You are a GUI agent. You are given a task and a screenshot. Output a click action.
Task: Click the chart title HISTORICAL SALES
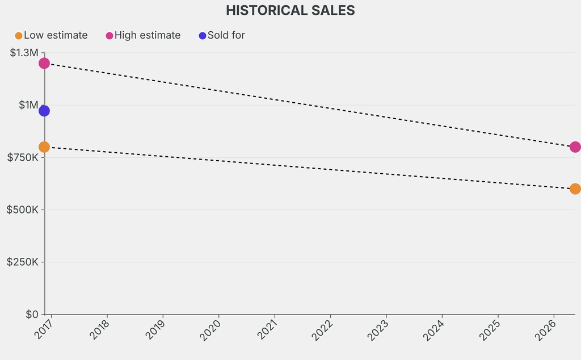coord(290,10)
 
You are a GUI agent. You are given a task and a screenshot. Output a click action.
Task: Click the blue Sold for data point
coord(44,111)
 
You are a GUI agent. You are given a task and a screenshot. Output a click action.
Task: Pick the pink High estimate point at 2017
coord(44,63)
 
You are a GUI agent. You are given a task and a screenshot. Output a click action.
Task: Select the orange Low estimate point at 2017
coord(44,147)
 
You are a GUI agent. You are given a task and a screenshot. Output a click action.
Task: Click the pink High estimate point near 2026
coord(575,147)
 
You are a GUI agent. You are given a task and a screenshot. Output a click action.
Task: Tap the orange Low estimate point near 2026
coord(575,189)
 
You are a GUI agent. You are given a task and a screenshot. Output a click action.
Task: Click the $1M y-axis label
coord(28,105)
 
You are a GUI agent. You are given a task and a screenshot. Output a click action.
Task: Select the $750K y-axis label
coord(23,157)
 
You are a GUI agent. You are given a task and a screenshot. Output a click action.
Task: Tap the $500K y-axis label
coord(23,210)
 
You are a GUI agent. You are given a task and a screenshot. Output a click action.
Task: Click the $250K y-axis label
coord(23,262)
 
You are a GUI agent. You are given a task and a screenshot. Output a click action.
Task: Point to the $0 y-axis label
coord(32,314)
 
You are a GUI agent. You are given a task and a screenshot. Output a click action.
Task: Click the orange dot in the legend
coord(18,36)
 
